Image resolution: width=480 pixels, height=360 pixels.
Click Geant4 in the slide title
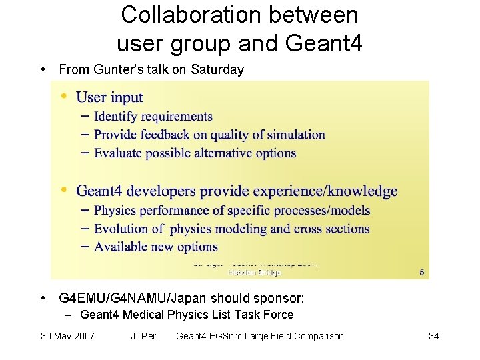click(325, 43)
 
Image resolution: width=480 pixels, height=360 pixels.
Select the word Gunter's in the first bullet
click(111, 69)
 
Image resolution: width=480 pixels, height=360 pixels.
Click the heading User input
click(109, 97)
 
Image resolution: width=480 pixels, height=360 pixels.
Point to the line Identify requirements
click(153, 117)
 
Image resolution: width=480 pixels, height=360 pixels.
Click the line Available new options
click(155, 247)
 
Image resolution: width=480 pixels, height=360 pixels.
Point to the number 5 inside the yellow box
click(421, 271)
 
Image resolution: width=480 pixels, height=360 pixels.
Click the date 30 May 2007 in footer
click(67, 336)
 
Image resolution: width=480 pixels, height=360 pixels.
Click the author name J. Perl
click(145, 336)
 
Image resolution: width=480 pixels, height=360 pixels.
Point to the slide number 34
click(433, 336)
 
